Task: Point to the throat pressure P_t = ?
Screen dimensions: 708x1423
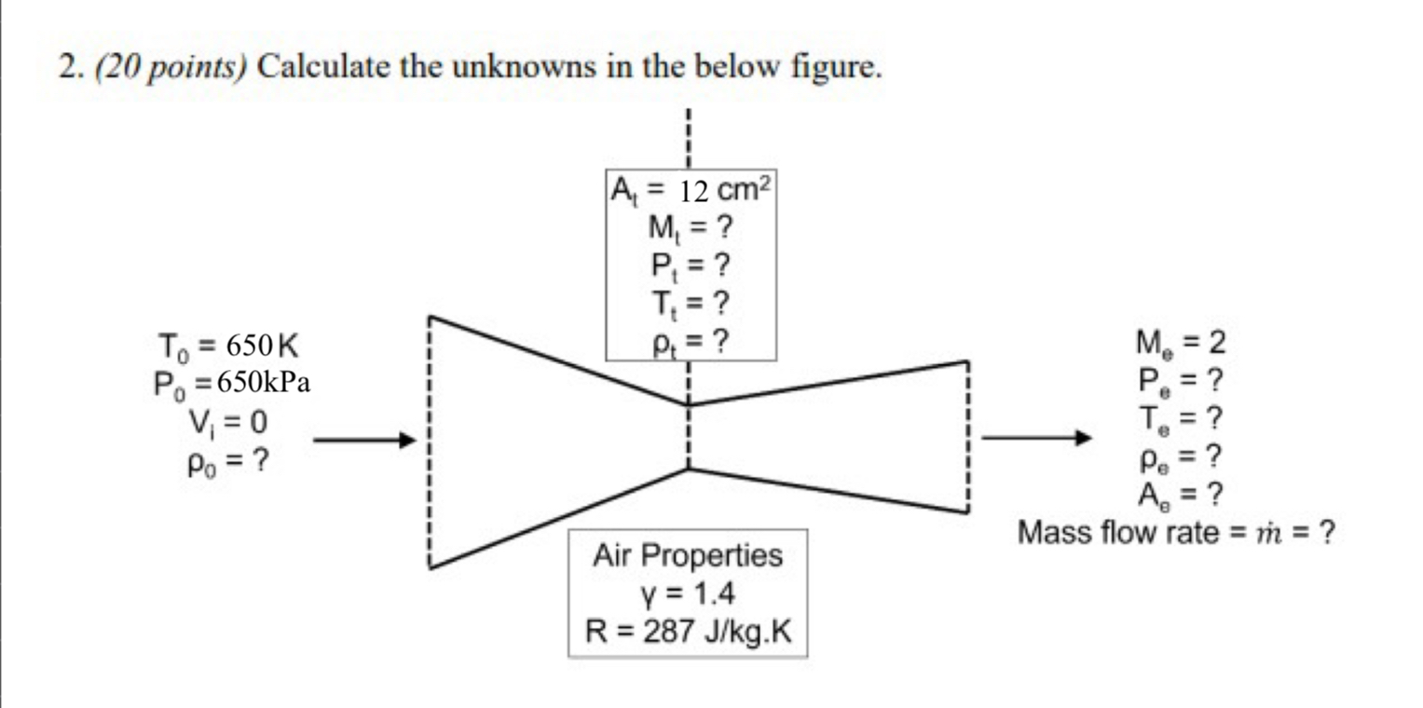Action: pyautogui.click(x=689, y=266)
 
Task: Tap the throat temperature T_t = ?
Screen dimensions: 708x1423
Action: pyautogui.click(x=689, y=305)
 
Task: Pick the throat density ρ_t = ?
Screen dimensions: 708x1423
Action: pyautogui.click(x=689, y=342)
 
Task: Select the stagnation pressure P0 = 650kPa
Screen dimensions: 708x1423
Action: pyautogui.click(x=232, y=384)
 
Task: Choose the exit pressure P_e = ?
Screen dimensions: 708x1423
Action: pyautogui.click(x=1180, y=381)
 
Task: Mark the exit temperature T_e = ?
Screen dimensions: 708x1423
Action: pyautogui.click(x=1180, y=419)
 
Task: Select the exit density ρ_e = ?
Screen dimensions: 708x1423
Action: pyautogui.click(x=1180, y=456)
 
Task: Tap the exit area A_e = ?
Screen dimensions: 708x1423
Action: pyautogui.click(x=1180, y=494)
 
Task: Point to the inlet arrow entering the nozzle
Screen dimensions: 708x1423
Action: pyautogui.click(x=363, y=440)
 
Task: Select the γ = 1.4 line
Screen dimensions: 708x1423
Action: pyautogui.click(x=688, y=593)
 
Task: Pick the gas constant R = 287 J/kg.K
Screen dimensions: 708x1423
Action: pyautogui.click(x=688, y=632)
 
